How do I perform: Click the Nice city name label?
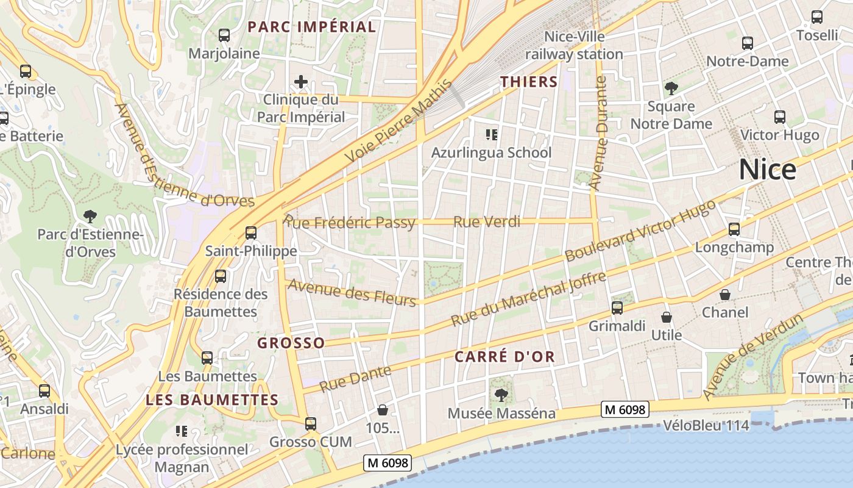tap(767, 170)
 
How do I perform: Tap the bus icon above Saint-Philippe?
tap(250, 232)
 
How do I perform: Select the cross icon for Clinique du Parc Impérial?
tap(300, 81)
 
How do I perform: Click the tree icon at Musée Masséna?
tap(501, 395)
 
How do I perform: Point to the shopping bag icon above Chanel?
tap(725, 295)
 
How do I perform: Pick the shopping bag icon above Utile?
tap(667, 317)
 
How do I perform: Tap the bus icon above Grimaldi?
tap(617, 308)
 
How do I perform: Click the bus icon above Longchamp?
tap(734, 229)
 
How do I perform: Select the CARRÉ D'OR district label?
tap(505, 357)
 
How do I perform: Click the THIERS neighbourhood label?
tap(529, 82)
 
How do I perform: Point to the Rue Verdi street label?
tap(487, 222)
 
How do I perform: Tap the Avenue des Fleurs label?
tap(352, 292)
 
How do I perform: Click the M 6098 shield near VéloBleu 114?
tap(625, 410)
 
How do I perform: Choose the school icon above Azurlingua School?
tap(491, 134)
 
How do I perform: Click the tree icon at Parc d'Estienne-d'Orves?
tap(90, 216)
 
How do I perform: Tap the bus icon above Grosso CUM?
tap(311, 423)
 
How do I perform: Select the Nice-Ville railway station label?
tap(574, 45)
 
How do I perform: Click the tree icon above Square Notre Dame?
tap(671, 88)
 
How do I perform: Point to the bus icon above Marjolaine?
tap(224, 35)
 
